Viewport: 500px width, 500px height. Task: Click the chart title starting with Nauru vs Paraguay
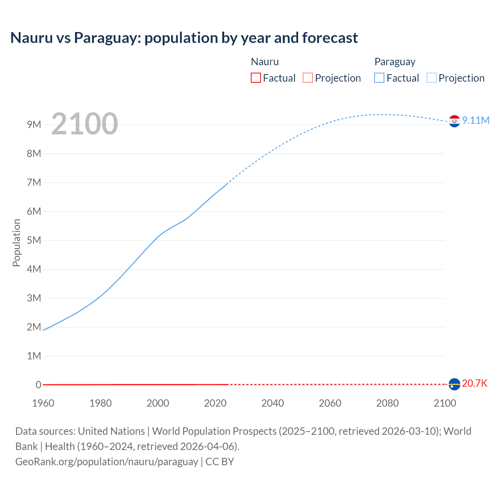click(x=184, y=38)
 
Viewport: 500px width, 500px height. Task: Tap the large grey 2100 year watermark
click(x=84, y=124)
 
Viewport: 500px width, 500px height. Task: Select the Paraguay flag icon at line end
click(x=454, y=121)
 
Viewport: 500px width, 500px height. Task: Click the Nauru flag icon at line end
click(x=454, y=384)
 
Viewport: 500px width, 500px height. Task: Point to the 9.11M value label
click(x=475, y=120)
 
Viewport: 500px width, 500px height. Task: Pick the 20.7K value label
click(x=475, y=383)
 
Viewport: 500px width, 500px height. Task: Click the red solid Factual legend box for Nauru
click(x=256, y=78)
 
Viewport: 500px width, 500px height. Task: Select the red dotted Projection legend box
click(x=308, y=78)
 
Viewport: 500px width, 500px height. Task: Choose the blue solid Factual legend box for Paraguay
click(x=379, y=78)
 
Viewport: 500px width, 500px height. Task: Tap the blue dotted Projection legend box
click(x=432, y=78)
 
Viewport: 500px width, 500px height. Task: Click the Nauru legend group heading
click(x=265, y=62)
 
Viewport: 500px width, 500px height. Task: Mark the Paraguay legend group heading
click(x=395, y=62)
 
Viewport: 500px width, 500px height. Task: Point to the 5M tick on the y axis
click(x=34, y=240)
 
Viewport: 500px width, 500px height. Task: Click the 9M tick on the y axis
click(x=34, y=125)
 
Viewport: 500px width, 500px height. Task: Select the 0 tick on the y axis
click(x=38, y=385)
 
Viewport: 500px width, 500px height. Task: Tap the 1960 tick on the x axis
click(x=43, y=403)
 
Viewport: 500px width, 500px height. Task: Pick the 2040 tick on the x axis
click(x=273, y=403)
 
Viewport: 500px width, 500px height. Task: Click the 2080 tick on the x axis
click(x=387, y=403)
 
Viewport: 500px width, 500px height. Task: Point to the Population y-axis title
click(x=16, y=243)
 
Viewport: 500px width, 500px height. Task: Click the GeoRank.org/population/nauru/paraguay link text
click(x=107, y=461)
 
